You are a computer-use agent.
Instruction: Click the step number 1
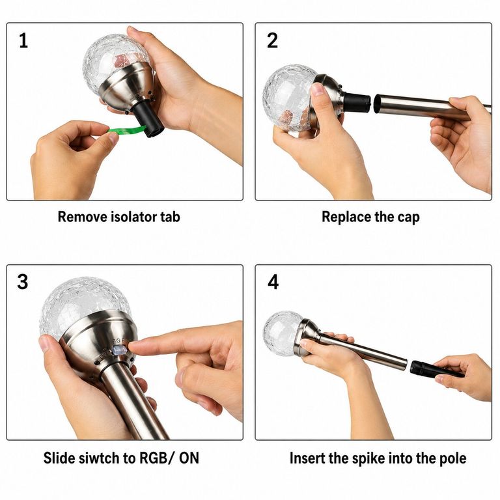tap(23, 41)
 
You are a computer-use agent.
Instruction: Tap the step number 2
tap(272, 41)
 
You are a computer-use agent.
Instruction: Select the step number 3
tap(23, 282)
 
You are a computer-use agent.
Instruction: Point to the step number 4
tap(273, 282)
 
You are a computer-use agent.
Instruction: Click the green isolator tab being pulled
tap(126, 130)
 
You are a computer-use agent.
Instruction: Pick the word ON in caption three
tap(189, 458)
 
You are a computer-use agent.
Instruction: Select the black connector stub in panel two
tap(357, 102)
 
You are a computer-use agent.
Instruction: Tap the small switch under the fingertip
tap(118, 350)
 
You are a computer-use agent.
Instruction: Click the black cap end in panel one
tap(147, 119)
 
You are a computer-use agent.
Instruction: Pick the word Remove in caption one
tap(82, 217)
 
